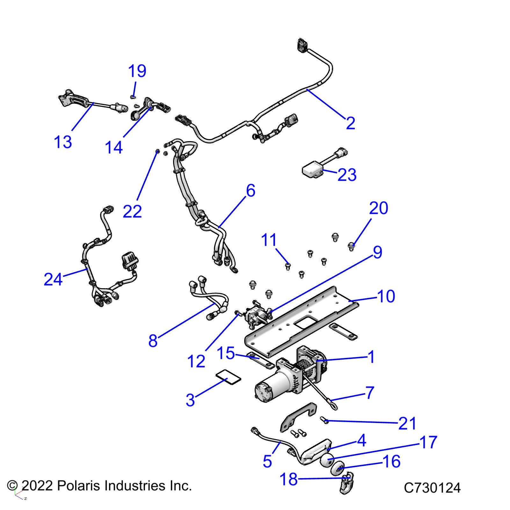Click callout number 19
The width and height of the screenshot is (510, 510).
point(137,71)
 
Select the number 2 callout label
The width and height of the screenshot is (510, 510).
point(350,123)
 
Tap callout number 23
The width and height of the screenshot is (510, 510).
point(347,175)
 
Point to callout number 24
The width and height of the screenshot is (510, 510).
point(53,280)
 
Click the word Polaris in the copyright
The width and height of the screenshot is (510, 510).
point(79,486)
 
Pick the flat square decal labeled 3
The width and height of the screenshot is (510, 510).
point(229,377)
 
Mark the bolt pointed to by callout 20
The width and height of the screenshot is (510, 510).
point(351,246)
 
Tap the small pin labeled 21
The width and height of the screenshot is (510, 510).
point(325,420)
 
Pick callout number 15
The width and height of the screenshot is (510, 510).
point(226,353)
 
